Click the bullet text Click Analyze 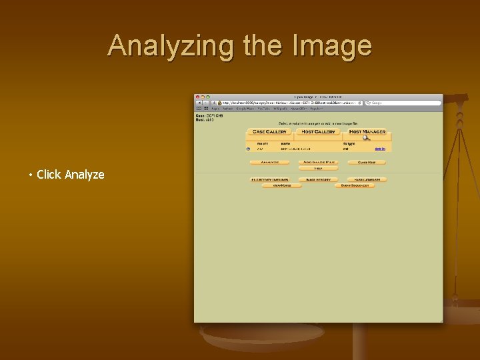click(71, 175)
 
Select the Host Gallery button click(318, 131)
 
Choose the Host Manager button click(367, 131)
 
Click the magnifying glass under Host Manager click(366, 138)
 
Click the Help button click(318, 169)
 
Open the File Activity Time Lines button click(269, 179)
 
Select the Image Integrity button click(318, 179)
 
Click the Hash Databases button click(367, 179)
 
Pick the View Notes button click(281, 185)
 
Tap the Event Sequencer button click(355, 185)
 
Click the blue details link click(379, 149)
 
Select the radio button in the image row click(248, 149)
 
